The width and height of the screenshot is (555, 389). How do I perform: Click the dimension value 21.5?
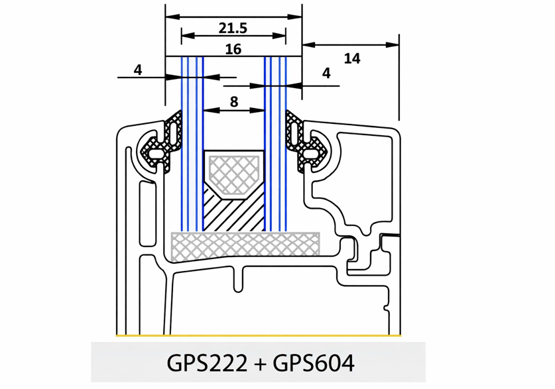[x=233, y=28]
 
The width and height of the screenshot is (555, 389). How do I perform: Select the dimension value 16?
[x=233, y=49]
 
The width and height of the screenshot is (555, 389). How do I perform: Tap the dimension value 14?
[x=352, y=58]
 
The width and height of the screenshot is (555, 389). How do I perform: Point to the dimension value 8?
[x=234, y=102]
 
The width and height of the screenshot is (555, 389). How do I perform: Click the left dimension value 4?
[x=138, y=70]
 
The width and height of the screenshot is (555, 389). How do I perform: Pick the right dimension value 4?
[x=326, y=73]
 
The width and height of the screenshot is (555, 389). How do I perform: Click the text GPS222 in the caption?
[x=207, y=363]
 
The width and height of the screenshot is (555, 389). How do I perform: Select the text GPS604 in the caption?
[x=314, y=363]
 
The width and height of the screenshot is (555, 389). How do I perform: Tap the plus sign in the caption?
[x=260, y=364]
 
